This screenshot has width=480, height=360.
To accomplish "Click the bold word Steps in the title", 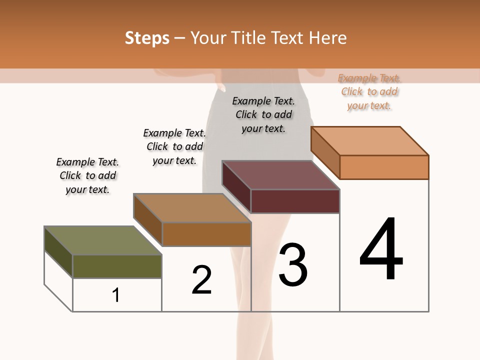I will [x=147, y=38].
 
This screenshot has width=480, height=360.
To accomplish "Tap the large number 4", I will [x=381, y=249].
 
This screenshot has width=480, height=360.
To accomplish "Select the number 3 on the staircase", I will [x=293, y=265].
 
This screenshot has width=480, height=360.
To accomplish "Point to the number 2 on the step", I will [x=201, y=280].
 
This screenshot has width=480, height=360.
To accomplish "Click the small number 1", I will [x=116, y=295].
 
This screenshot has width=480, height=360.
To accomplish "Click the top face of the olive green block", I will [x=102, y=240].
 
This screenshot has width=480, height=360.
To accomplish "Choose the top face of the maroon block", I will [x=280, y=175].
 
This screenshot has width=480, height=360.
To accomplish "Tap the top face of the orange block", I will [x=370, y=141].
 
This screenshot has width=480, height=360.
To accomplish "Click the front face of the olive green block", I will [x=117, y=266].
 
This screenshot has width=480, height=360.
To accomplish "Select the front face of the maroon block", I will [x=295, y=201].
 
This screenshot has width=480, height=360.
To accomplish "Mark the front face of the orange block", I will [x=384, y=167].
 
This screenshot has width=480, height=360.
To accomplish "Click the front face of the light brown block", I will [x=206, y=234].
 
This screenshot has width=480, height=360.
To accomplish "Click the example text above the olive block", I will [x=87, y=175].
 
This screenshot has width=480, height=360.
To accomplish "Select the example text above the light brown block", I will [x=174, y=146].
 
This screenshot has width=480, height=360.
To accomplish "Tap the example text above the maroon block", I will [x=263, y=114].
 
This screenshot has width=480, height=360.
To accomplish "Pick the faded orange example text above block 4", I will [x=369, y=91].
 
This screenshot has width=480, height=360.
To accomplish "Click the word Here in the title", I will [x=329, y=38].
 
